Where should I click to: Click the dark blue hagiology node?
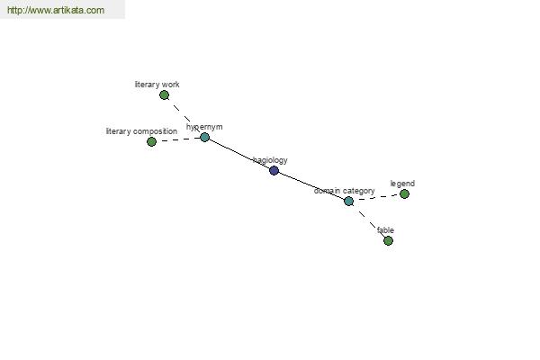point(274,170)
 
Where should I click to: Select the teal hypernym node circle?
point(204,137)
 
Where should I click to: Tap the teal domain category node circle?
point(348,202)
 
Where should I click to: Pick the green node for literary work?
point(165,94)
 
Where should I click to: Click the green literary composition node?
point(151,141)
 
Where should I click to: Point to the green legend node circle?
point(404,194)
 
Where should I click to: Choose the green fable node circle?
point(388,240)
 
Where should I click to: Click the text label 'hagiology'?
point(270,160)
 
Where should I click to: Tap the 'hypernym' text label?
point(204,127)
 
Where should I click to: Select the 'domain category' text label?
point(344,191)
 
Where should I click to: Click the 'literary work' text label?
point(157,85)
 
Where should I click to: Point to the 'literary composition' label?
point(141,131)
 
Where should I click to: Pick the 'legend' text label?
point(402,184)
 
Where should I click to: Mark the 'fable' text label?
point(385,230)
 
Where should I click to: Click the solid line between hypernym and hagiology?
point(239,154)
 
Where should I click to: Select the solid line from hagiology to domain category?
point(311,185)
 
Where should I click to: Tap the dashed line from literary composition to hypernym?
point(178,139)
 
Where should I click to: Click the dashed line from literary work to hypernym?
point(184,116)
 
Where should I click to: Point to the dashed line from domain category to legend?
point(376,197)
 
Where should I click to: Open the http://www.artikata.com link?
point(56,10)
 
